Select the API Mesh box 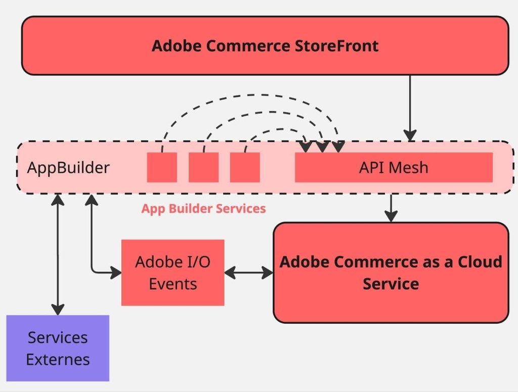(x=394, y=167)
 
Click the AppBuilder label (x=68, y=168)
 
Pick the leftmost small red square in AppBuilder (x=162, y=167)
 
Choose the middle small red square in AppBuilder (x=203, y=167)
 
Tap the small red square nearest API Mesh (x=245, y=167)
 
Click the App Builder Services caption (x=203, y=208)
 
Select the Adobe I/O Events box (x=172, y=272)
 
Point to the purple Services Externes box (x=58, y=348)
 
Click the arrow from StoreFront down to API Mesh (x=410, y=106)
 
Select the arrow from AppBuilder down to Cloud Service (x=391, y=207)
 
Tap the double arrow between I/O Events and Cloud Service (x=248, y=272)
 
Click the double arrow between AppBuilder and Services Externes (x=58, y=253)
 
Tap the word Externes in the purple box (x=58, y=360)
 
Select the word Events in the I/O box (x=172, y=283)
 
